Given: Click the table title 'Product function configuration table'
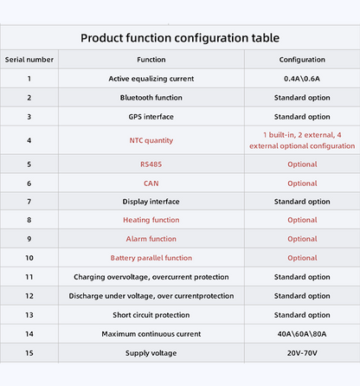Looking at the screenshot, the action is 180,38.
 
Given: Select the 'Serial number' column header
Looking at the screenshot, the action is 29,60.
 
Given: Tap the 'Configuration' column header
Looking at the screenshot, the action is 302,60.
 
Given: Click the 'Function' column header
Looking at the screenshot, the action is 151,60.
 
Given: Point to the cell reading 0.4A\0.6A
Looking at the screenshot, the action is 302,79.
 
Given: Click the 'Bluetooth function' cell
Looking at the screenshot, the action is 151,98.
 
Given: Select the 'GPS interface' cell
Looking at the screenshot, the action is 151,117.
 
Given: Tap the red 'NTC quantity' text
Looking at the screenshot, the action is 151,140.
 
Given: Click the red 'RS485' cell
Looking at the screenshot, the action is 151,164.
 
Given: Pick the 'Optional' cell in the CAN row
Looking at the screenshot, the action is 302,183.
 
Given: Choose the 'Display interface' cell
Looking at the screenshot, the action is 151,202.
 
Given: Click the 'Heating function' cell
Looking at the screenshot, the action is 151,220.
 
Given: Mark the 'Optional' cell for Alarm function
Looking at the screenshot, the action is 302,239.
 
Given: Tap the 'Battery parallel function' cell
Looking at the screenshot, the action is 151,258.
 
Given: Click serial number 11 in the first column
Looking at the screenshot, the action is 29,277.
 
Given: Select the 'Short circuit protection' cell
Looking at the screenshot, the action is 151,315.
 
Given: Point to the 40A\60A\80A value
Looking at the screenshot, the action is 302,334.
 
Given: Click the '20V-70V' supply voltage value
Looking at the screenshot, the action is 302,353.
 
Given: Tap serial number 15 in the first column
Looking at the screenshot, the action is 29,353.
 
